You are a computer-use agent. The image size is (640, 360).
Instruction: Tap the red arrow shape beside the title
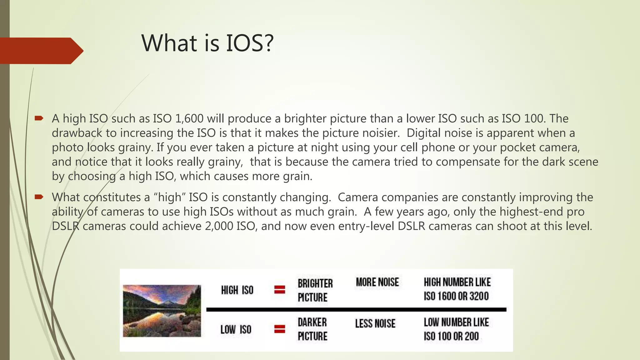click(41, 51)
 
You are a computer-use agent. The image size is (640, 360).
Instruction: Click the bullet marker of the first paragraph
click(39, 118)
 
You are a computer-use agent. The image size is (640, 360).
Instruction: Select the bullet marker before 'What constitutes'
click(39, 197)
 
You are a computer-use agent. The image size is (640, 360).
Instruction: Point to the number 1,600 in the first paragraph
click(189, 119)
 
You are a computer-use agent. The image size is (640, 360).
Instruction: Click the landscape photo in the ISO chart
click(162, 311)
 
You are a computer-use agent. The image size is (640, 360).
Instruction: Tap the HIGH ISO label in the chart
click(237, 290)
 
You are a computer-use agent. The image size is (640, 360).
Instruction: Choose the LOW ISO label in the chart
click(236, 329)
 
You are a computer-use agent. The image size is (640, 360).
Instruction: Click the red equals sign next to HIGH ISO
click(280, 290)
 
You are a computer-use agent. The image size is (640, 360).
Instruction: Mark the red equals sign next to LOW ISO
click(280, 329)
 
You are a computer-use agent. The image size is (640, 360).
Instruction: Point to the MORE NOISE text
click(377, 282)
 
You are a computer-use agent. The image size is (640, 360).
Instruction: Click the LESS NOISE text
click(375, 323)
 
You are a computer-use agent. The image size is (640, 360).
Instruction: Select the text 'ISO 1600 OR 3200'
click(456, 296)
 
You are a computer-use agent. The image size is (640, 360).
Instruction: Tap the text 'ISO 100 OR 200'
click(451, 336)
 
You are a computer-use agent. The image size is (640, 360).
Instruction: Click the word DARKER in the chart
click(312, 322)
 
